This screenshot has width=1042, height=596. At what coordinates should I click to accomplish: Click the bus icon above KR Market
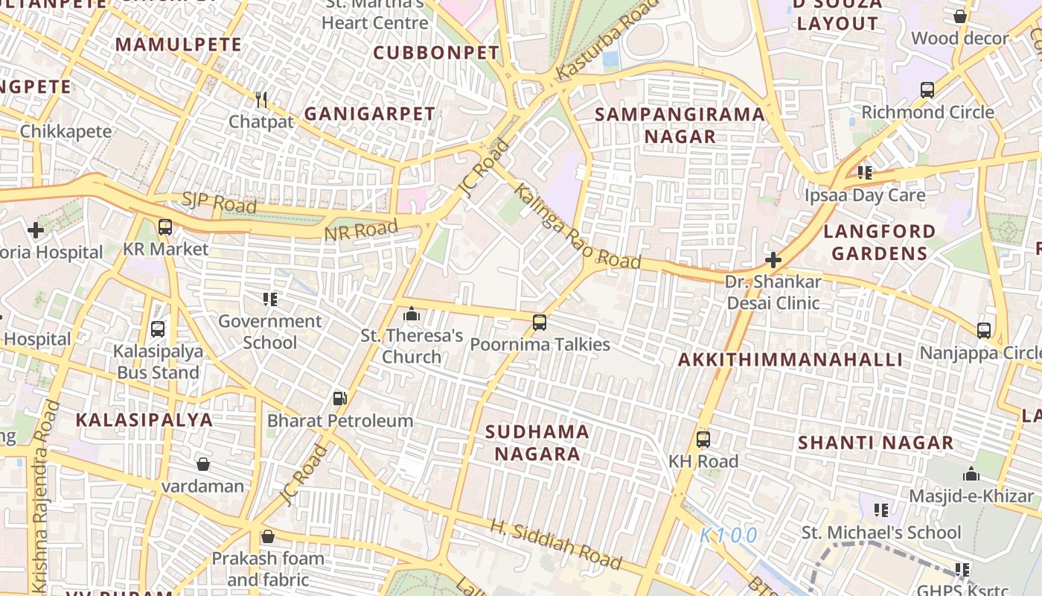point(165,227)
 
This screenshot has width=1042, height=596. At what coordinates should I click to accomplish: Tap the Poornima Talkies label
point(540,344)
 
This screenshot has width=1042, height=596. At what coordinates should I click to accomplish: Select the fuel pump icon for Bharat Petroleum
point(339,399)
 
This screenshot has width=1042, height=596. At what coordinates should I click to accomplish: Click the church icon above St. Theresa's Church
point(412,314)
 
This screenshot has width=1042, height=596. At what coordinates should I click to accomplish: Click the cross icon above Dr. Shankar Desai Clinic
point(773,260)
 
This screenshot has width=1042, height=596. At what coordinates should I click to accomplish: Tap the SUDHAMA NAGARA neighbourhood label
point(537,443)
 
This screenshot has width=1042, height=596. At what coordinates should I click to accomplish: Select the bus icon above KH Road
point(703,439)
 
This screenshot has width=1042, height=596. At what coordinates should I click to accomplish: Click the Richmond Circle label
point(927,112)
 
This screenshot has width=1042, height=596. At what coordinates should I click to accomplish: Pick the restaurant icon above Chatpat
point(261,99)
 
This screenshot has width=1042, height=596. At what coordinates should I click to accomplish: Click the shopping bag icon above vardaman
point(203,464)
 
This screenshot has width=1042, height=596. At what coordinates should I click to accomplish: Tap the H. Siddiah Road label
point(555,543)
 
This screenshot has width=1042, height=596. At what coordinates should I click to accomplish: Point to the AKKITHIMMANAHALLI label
point(790,360)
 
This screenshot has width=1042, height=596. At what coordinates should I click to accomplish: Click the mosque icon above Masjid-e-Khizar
point(971,474)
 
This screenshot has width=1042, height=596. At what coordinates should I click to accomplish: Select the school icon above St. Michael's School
point(881,510)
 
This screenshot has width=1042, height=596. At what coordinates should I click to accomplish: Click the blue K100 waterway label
point(729,535)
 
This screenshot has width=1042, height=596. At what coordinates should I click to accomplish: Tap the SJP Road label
point(219,202)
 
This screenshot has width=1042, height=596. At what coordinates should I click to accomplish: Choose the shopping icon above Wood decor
point(960,16)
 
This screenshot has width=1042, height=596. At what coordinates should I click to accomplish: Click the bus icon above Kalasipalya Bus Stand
point(158,329)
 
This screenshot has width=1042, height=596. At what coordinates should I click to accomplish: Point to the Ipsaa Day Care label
point(865,195)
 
